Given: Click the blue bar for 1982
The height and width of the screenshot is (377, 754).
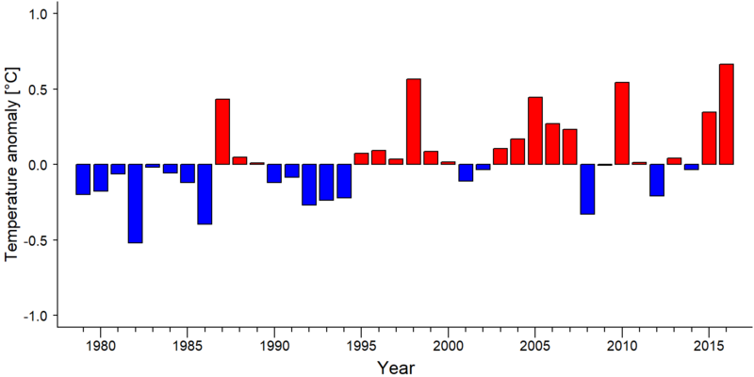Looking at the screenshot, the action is click(x=135, y=204).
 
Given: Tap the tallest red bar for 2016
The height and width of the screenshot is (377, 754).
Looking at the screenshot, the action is click(x=726, y=114).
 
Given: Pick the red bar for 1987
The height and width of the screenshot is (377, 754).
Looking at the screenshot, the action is click(x=222, y=132).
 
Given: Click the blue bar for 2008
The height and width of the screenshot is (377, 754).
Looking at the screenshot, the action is click(x=587, y=189).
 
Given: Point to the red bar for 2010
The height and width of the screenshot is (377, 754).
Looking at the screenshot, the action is click(x=622, y=123).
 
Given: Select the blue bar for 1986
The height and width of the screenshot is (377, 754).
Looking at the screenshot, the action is click(x=205, y=194).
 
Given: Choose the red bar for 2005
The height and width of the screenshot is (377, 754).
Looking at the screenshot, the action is click(x=535, y=131).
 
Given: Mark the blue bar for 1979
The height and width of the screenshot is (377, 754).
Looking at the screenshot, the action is click(x=83, y=179).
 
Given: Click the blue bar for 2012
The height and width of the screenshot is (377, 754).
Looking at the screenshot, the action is click(x=657, y=180).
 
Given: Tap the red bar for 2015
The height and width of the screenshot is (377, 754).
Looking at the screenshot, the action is click(x=709, y=138).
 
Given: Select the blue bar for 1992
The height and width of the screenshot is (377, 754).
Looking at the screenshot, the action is click(x=309, y=185).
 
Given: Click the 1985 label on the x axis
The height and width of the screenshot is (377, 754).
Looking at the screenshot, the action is click(x=188, y=347).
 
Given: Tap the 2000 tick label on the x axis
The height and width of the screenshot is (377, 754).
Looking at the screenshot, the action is click(x=449, y=347).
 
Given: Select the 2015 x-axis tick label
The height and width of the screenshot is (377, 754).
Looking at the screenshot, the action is click(x=709, y=347).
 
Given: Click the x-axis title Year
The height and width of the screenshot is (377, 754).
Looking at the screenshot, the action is click(x=395, y=368).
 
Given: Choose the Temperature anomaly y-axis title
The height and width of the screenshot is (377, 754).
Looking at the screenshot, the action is click(x=12, y=165).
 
